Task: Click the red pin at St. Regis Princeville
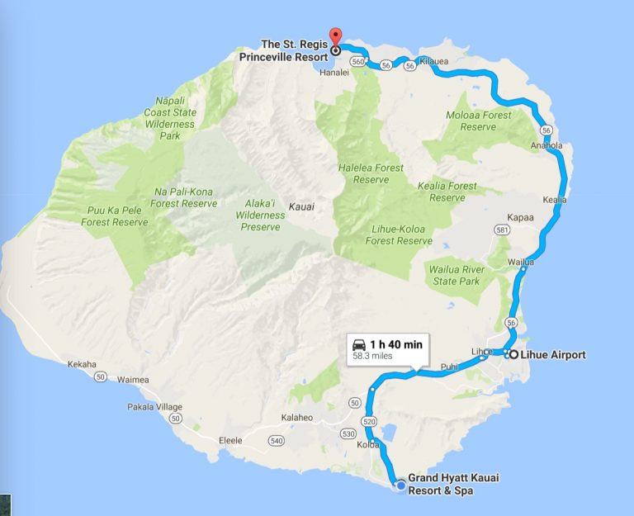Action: coord(335,38)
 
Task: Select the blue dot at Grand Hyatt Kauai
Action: coord(401,486)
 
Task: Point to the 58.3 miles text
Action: coord(372,357)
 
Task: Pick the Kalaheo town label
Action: coord(297,418)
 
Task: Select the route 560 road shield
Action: coord(357,61)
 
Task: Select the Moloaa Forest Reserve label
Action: coord(479,121)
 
